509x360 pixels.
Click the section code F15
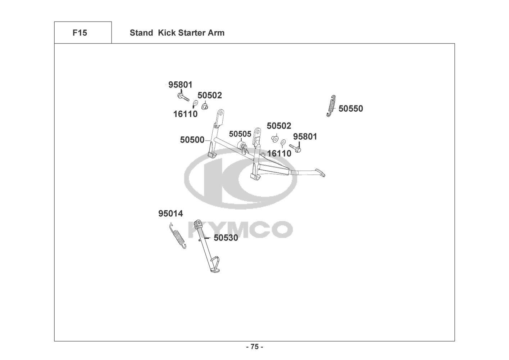[79, 33]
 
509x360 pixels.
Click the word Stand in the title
[141, 33]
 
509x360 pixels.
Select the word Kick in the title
[167, 33]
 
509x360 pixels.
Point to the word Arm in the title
[216, 33]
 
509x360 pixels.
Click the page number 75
[254, 347]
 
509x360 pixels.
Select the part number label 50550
[351, 109]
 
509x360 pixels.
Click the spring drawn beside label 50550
[332, 106]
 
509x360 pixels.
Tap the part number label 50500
[192, 140]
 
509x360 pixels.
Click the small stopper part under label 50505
[243, 147]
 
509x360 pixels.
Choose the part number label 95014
[171, 214]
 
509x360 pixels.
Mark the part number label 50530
[226, 238]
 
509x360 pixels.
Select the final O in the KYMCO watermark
[282, 229]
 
